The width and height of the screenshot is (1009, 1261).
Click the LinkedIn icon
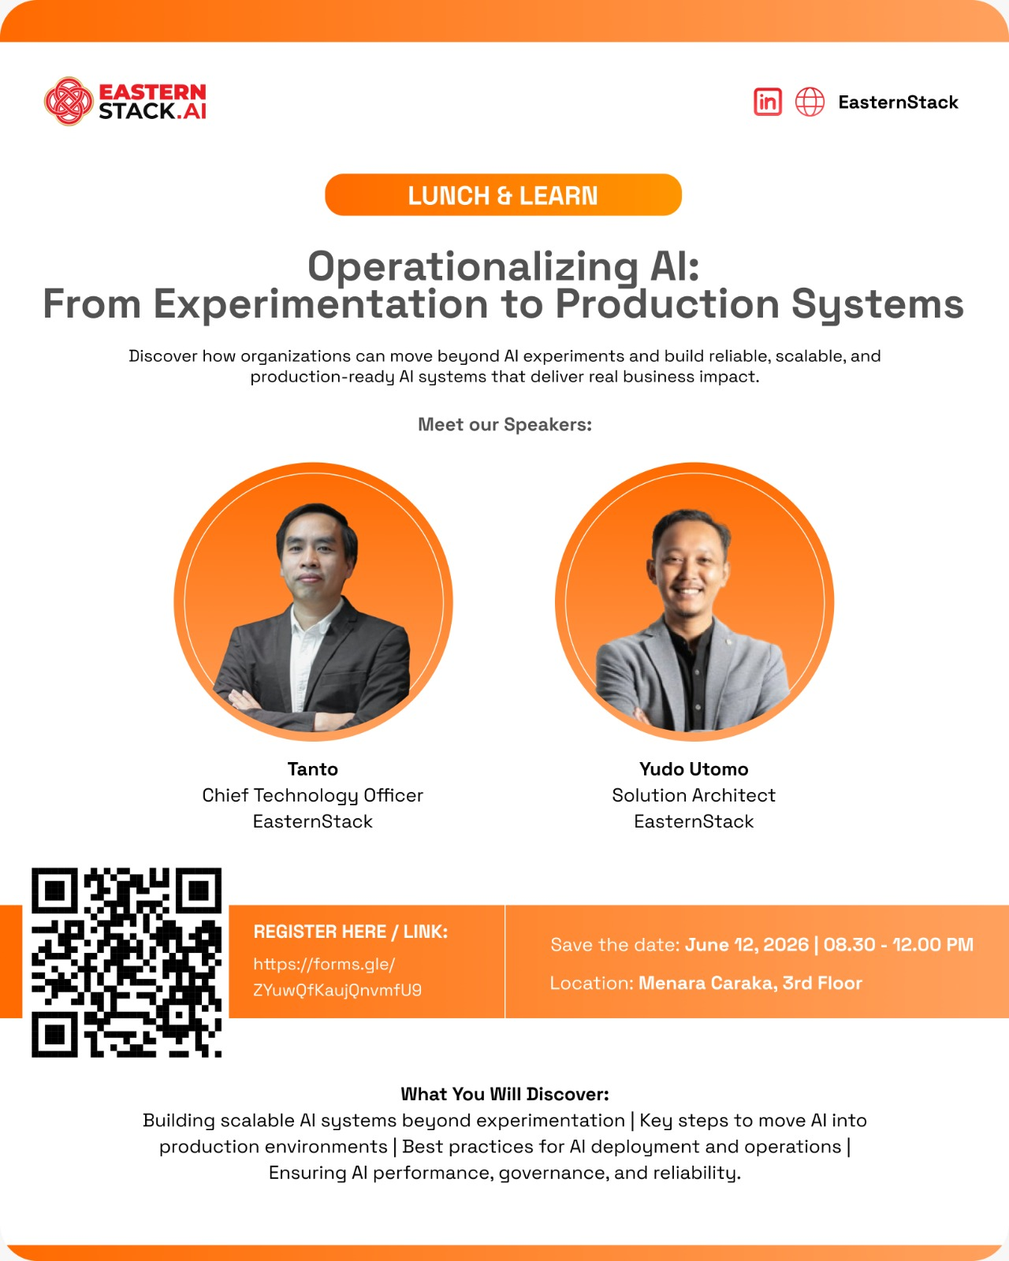click(x=768, y=102)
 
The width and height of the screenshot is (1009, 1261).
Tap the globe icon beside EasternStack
click(x=810, y=102)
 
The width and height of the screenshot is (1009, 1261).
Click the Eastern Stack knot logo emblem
click(x=69, y=102)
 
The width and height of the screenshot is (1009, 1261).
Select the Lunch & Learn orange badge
click(x=503, y=195)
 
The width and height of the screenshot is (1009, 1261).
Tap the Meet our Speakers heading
click(x=504, y=424)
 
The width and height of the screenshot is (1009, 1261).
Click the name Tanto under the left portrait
click(x=312, y=768)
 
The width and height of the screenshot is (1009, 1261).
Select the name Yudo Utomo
click(x=694, y=768)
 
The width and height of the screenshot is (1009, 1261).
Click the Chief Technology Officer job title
click(x=312, y=795)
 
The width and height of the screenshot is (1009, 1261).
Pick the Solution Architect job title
click(x=694, y=795)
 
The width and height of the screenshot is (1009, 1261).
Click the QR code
click(x=127, y=962)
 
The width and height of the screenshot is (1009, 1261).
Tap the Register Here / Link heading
click(x=351, y=932)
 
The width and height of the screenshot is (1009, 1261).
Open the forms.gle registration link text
click(x=337, y=976)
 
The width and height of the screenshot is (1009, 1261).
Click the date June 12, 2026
click(x=747, y=945)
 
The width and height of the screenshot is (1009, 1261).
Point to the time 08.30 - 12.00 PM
click(x=898, y=945)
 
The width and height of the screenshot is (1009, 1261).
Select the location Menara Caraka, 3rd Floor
click(x=750, y=983)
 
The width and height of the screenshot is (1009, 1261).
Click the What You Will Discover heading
click(x=504, y=1094)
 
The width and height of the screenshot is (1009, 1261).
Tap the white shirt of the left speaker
click(x=305, y=657)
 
